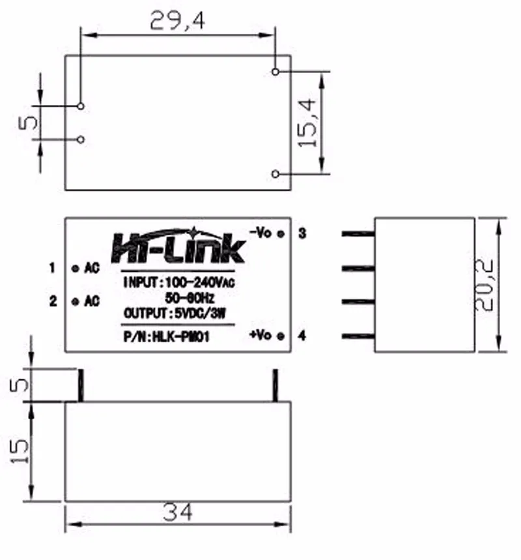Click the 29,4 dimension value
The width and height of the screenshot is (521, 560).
[x=177, y=20]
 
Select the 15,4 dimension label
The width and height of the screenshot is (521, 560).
[x=307, y=123]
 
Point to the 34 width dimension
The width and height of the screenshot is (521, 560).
[x=177, y=512]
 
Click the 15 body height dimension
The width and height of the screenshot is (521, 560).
[x=20, y=450]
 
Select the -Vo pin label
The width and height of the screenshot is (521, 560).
[x=261, y=233]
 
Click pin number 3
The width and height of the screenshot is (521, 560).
[x=302, y=233]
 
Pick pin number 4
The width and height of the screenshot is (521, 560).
[x=302, y=336]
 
